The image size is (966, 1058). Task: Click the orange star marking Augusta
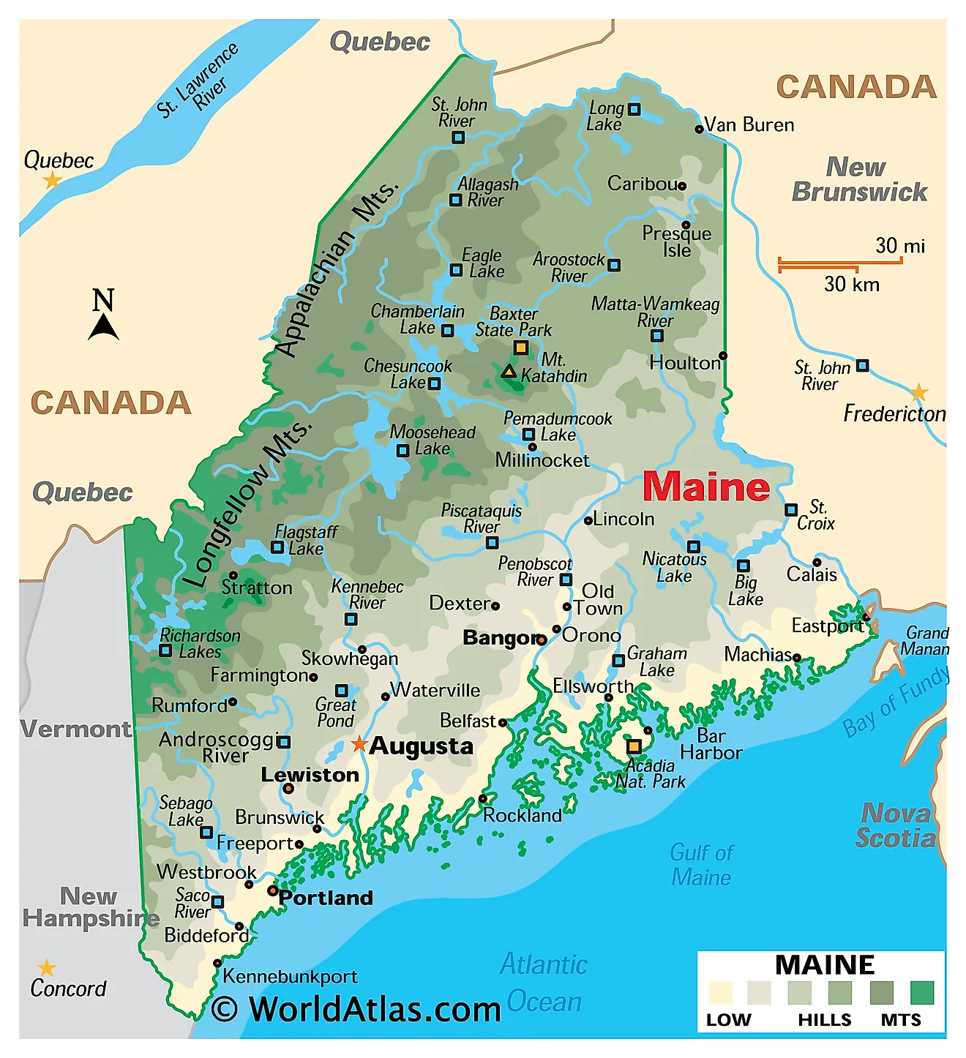pos(359,745)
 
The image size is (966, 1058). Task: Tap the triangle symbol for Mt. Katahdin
pos(509,372)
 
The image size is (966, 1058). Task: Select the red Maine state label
pos(705,487)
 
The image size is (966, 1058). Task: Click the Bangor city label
pos(499,638)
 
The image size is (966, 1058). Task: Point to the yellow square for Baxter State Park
pos(520,348)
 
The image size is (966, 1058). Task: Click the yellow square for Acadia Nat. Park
pos(634,746)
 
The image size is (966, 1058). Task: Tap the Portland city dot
pos(272,890)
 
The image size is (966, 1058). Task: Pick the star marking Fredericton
pos(919,393)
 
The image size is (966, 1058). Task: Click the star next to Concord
pos(47,969)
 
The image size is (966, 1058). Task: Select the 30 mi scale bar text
pos(899,246)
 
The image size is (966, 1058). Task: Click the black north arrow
pos(103,326)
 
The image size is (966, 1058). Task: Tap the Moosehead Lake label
pos(432,440)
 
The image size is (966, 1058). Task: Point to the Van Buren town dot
pos(699,130)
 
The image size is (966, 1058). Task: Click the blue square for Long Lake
pos(634,110)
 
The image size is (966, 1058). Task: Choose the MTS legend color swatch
pos(921,993)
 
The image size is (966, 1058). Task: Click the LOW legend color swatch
pos(720,993)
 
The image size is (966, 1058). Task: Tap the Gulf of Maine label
pos(700,865)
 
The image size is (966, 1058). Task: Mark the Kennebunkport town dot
pos(217,963)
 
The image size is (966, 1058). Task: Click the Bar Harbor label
pos(711,744)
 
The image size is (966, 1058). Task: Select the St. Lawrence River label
pos(198,81)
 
